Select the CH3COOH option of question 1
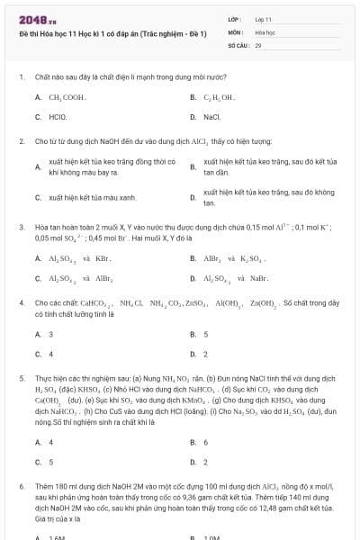(67, 96)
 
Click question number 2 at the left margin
(21, 141)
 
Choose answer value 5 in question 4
(206, 334)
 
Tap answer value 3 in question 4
(51, 334)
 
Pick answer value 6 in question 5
(206, 442)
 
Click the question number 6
(21, 485)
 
